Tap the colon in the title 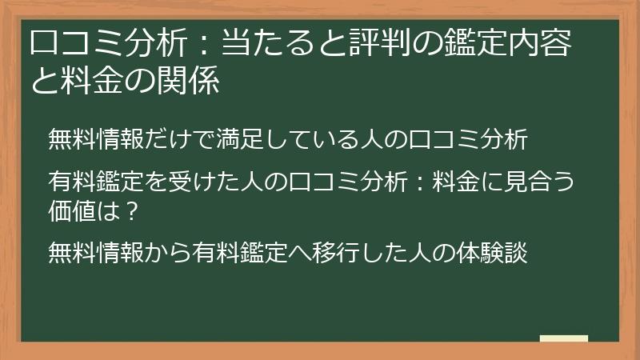(206, 45)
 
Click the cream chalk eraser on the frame (563, 338)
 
